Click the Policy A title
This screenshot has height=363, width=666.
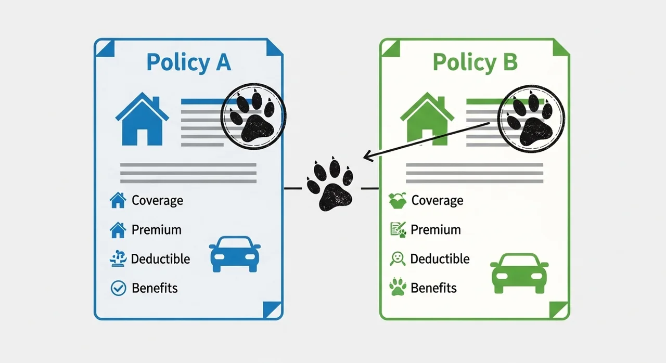pyautogui.click(x=189, y=62)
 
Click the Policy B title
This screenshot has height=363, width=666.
pyautogui.click(x=475, y=62)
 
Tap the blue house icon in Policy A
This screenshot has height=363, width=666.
pyautogui.click(x=142, y=119)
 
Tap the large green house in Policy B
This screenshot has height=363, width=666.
pyautogui.click(x=427, y=119)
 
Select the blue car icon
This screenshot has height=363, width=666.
pyautogui.click(x=235, y=254)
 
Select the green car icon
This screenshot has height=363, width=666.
pyautogui.click(x=519, y=273)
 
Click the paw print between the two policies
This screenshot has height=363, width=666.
pyautogui.click(x=330, y=184)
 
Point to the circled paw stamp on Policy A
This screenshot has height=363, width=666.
pyautogui.click(x=253, y=116)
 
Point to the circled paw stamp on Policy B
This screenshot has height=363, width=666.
pyautogui.click(x=531, y=119)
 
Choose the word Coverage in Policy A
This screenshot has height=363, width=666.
pyautogui.click(x=157, y=201)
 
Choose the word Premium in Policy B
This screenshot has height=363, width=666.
pyautogui.click(x=436, y=230)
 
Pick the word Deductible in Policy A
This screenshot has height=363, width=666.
pyautogui.click(x=160, y=259)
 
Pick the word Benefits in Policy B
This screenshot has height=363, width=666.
pyautogui.click(x=433, y=288)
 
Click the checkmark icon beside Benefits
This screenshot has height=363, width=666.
pyautogui.click(x=118, y=288)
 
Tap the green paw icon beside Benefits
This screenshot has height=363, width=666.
pyautogui.click(x=398, y=287)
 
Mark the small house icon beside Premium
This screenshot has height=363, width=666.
pyautogui.click(x=118, y=230)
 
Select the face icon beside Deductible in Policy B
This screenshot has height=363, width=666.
pyautogui.click(x=398, y=259)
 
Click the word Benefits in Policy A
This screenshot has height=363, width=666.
pyautogui.click(x=155, y=288)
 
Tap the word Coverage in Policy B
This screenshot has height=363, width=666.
pyautogui.click(x=437, y=201)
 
